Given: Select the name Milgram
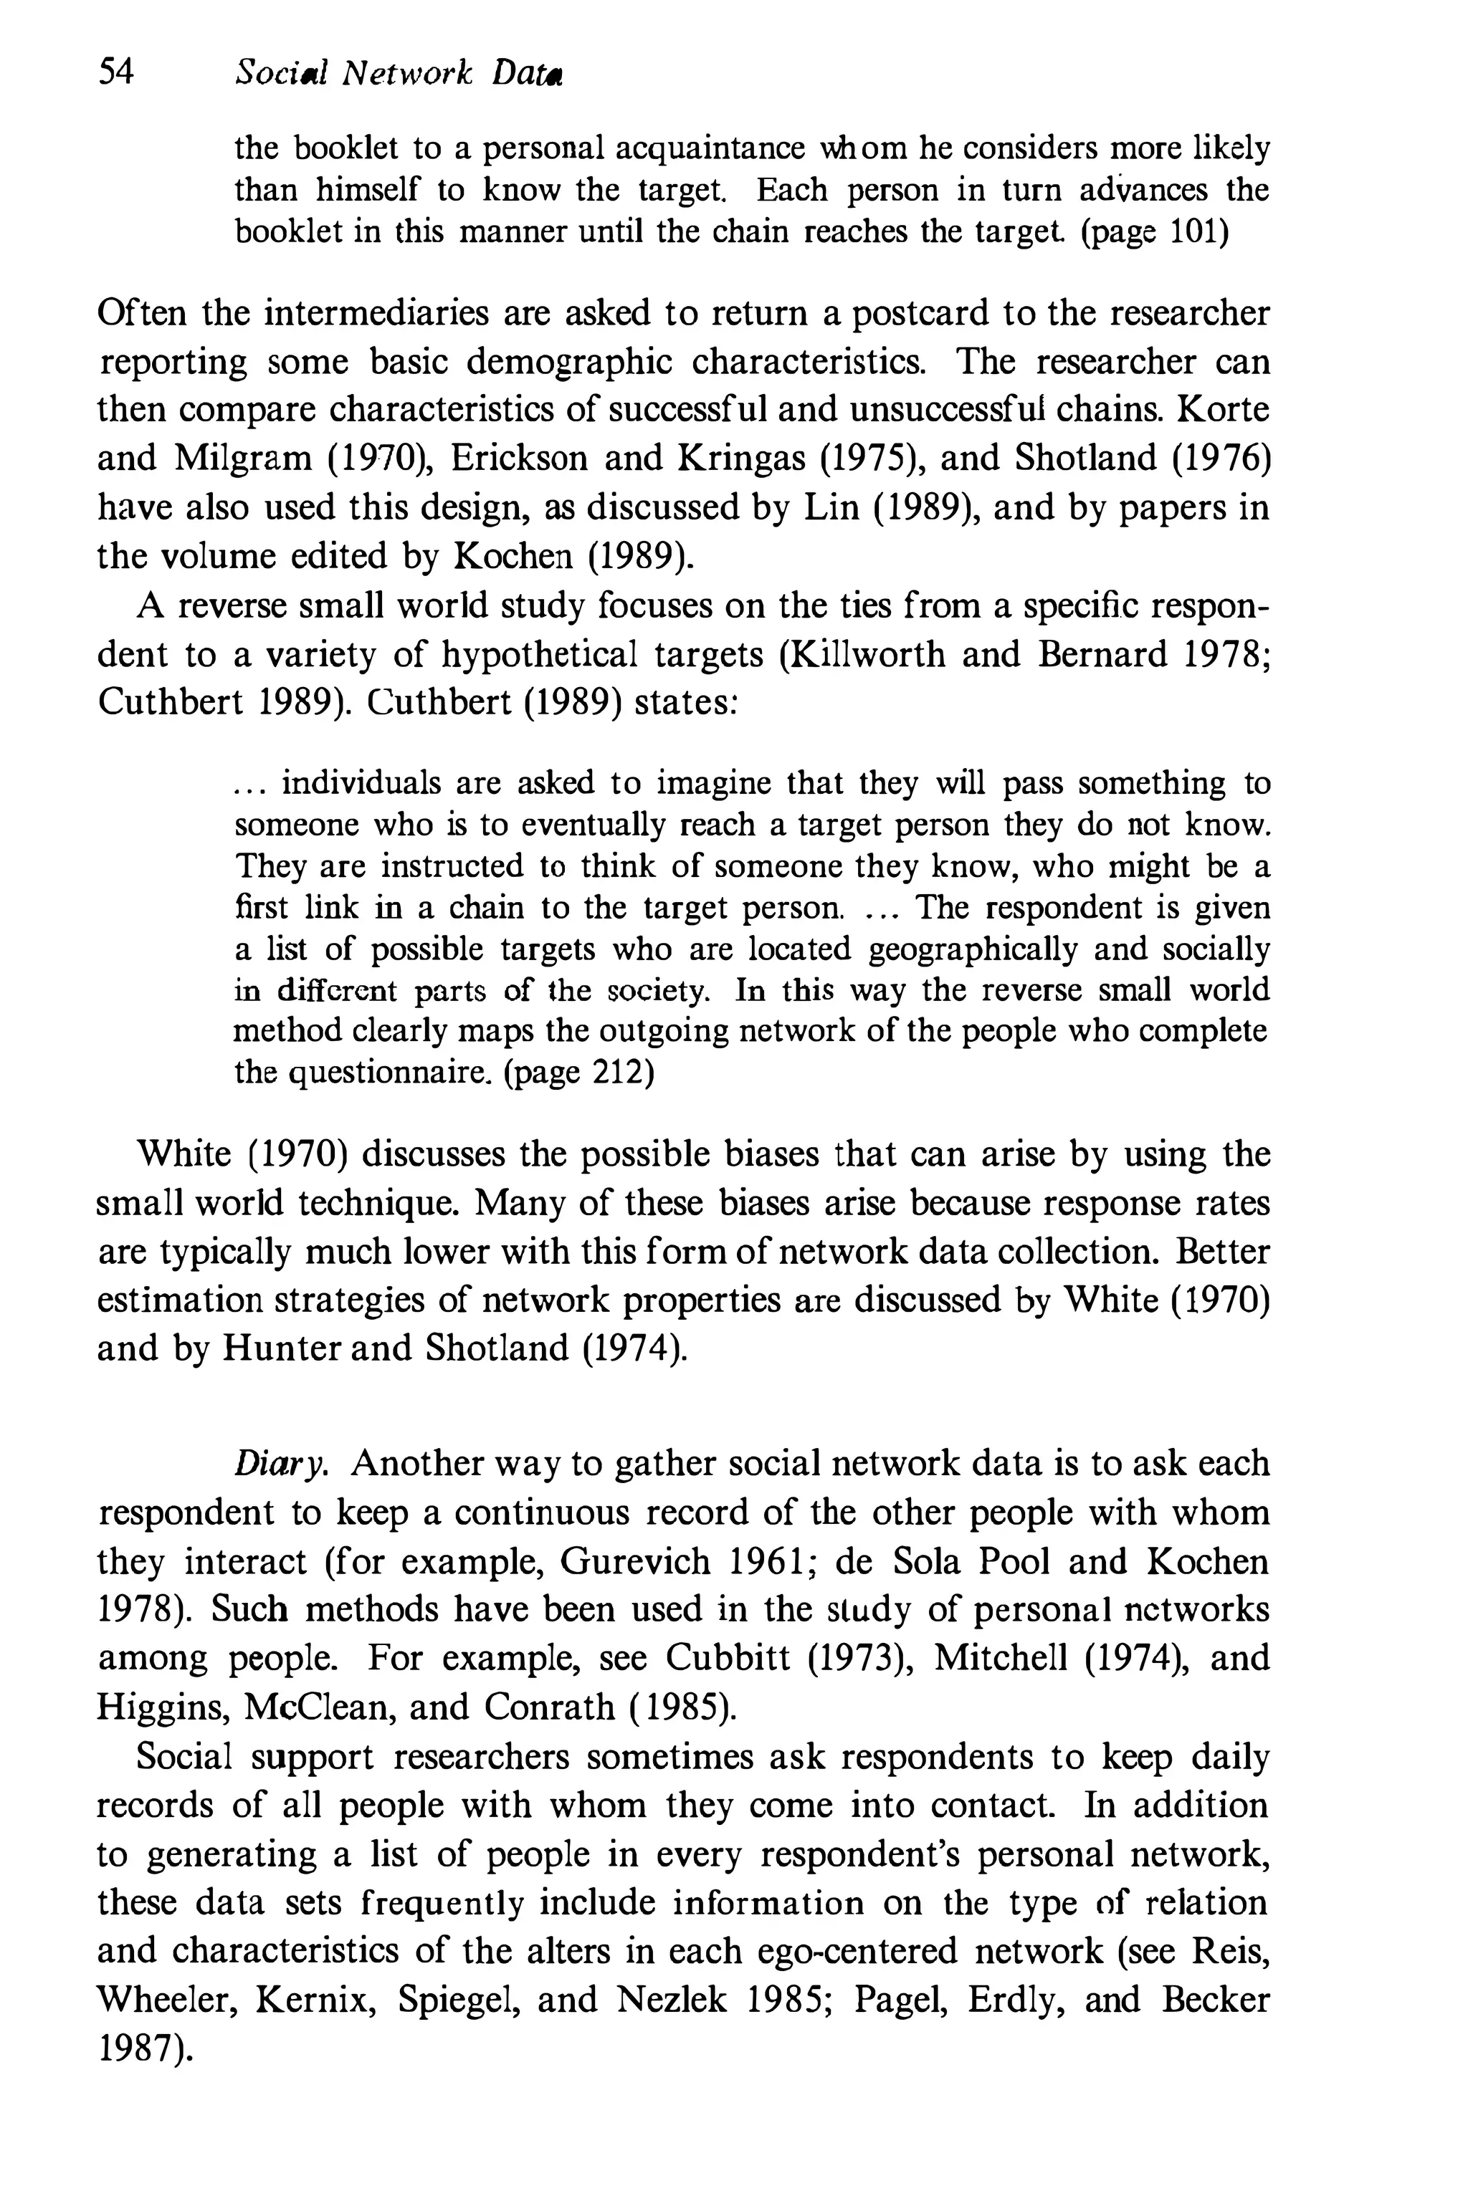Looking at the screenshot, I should [x=244, y=458].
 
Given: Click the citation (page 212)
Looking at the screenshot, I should [x=578, y=1071].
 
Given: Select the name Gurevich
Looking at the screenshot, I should [x=636, y=1562].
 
